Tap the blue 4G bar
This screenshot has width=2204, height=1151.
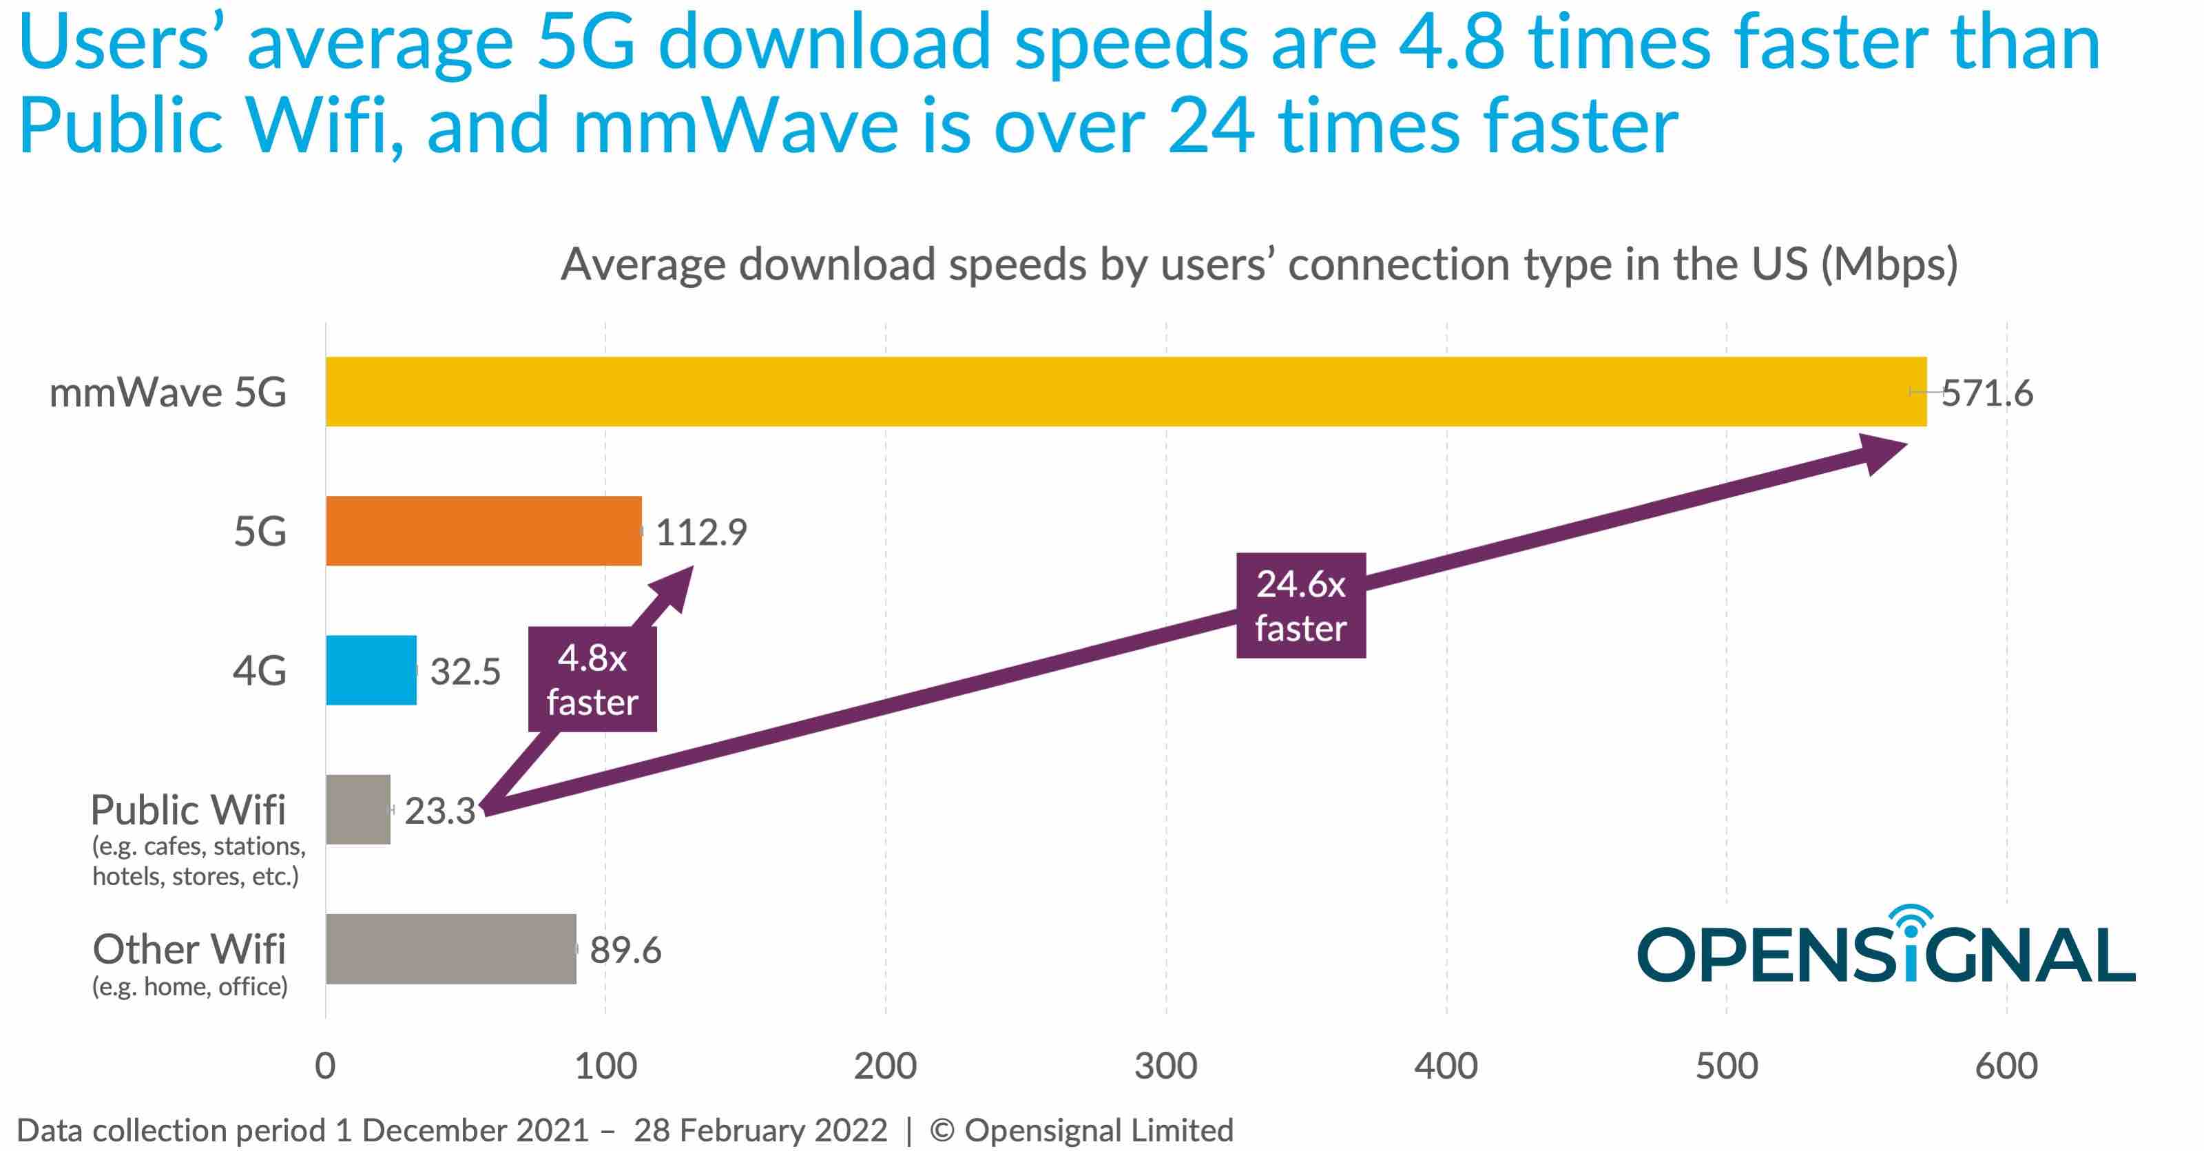pos(371,670)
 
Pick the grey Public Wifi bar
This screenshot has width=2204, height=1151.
pos(357,809)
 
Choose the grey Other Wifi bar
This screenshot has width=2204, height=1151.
pos(451,949)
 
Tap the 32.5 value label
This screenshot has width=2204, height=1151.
pos(465,672)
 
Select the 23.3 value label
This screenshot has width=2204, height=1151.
pos(439,811)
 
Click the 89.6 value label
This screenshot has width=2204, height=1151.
pos(625,950)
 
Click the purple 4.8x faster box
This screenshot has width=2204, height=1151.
pos(592,679)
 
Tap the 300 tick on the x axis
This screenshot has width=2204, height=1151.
pos(1165,1066)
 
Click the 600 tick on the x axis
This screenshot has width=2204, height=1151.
pos(2006,1066)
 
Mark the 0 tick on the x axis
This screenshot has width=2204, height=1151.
pos(325,1066)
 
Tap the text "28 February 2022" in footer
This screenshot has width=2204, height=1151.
pos(760,1130)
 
